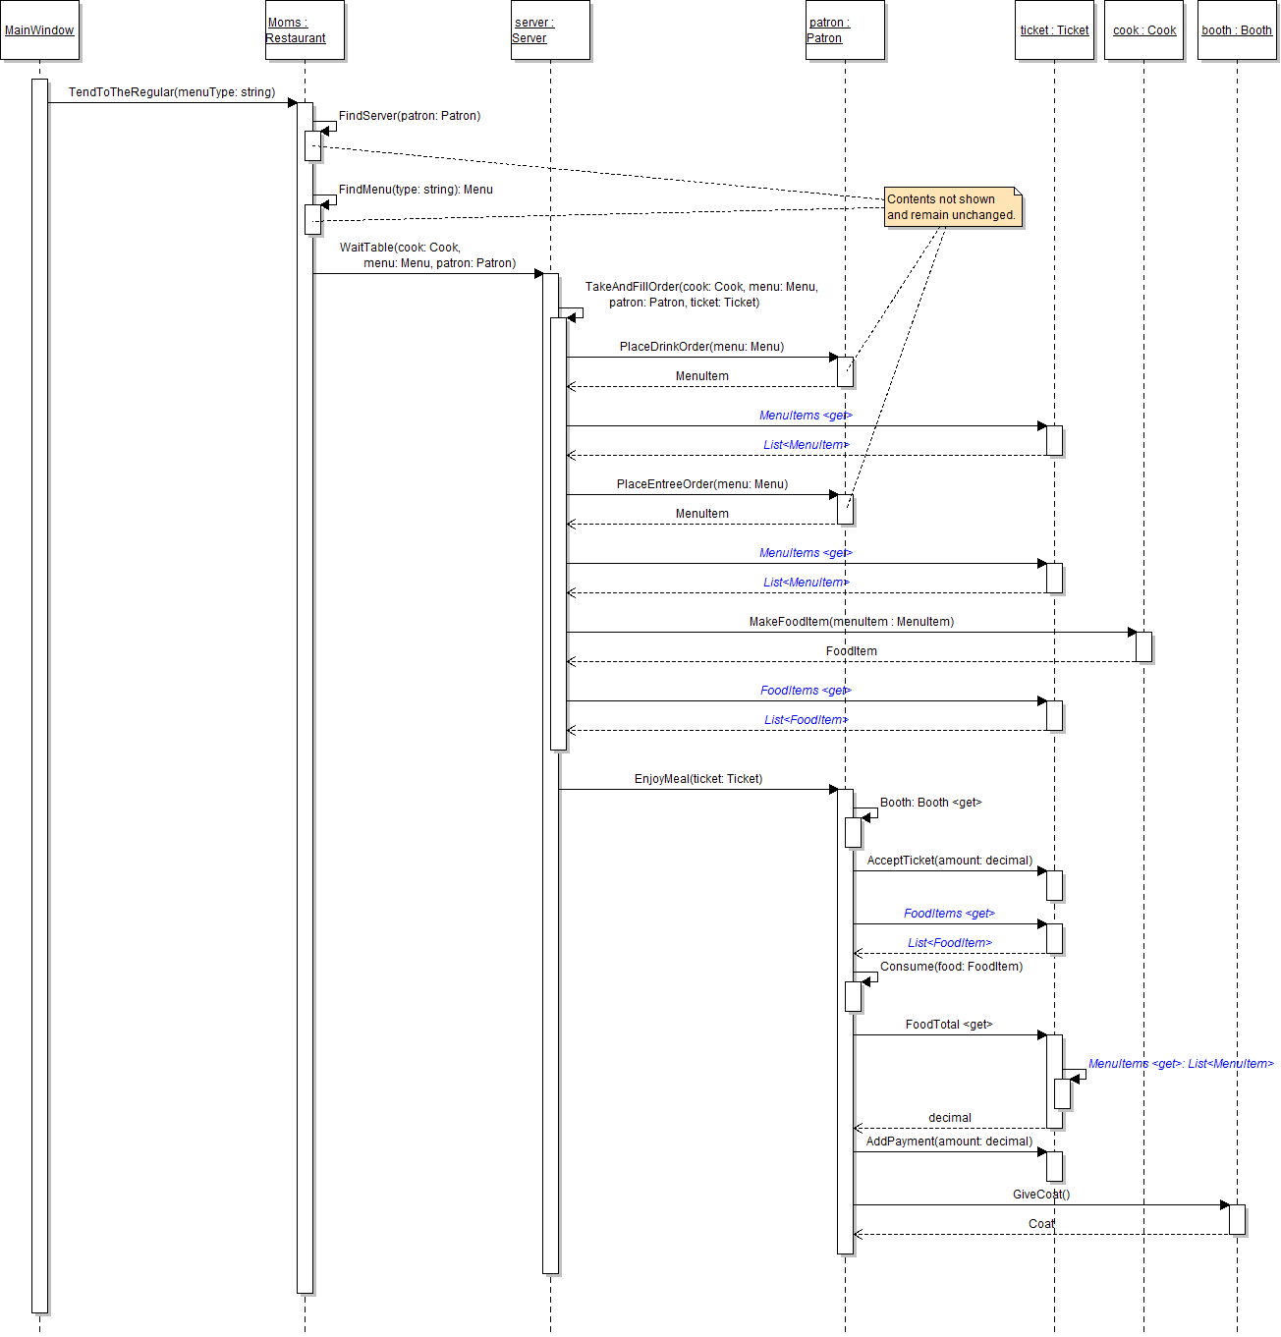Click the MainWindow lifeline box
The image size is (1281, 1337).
pos(39,30)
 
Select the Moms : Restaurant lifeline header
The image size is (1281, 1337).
pos(305,30)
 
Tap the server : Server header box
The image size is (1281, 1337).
pos(550,30)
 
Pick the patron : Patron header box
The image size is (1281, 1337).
pos(845,30)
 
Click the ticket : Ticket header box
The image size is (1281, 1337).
pos(1054,30)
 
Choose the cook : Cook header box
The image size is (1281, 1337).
pos(1143,30)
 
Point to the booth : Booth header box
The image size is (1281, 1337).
pos(1237,30)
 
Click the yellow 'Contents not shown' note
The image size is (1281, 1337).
pos(952,207)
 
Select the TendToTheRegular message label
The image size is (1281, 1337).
pos(172,92)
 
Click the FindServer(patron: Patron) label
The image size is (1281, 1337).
pos(410,116)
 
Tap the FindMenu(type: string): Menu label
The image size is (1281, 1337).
pos(416,190)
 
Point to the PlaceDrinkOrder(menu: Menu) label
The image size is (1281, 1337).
pos(701,347)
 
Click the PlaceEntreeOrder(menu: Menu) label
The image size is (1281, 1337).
pos(701,484)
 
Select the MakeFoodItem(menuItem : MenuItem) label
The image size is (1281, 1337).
pos(851,622)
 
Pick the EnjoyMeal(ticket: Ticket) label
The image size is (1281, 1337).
pos(697,779)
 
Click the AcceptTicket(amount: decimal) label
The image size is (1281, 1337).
pos(949,861)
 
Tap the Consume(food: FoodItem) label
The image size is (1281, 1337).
pos(951,967)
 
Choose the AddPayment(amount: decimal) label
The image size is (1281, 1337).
pos(949,1142)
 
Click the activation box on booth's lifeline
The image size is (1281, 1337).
pos(1237,1219)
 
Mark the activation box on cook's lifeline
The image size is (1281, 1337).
pos(1143,646)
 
